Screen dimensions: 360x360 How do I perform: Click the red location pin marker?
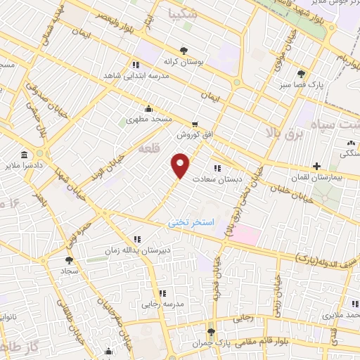[181, 165]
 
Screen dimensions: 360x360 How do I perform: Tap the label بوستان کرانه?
[184, 62]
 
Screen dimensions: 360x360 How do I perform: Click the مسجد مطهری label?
[148, 120]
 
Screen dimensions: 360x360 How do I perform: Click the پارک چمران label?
[211, 344]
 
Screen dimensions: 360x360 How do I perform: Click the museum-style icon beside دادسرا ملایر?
[25, 155]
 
